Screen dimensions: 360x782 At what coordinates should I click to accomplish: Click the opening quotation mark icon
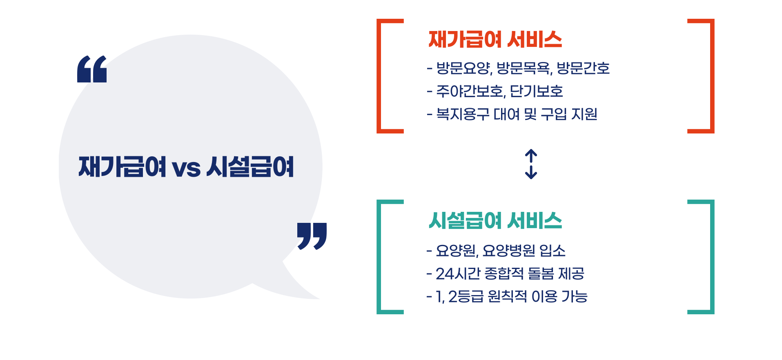[92, 69]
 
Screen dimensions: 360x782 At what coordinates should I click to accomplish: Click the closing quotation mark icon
[312, 236]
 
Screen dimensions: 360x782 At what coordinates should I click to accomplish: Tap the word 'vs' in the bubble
[186, 168]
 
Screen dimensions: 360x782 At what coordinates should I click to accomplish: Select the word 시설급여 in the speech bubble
[250, 167]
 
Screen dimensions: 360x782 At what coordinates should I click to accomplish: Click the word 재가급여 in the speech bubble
[122, 167]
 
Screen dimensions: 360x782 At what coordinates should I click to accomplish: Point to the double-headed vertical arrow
[530, 164]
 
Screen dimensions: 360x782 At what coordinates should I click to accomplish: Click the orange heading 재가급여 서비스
[495, 40]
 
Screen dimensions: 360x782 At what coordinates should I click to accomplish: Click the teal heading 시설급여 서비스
[495, 221]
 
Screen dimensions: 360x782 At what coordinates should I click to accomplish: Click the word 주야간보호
[470, 91]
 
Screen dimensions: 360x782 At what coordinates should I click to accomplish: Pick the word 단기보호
[537, 91]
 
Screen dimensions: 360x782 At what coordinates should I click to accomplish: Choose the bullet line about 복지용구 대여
[512, 114]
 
